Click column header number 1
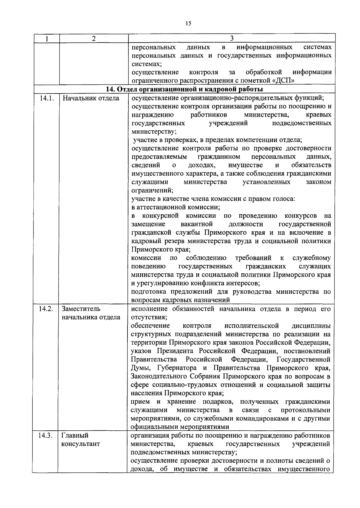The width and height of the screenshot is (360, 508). (46, 39)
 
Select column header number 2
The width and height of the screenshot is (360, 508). (94, 39)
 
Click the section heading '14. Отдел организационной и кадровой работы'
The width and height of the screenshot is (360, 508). (184, 89)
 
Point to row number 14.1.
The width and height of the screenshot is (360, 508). (46, 98)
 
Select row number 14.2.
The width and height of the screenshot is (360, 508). (46, 309)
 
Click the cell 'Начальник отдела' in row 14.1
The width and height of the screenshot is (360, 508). (91, 98)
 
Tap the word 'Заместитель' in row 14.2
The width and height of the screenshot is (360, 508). (81, 309)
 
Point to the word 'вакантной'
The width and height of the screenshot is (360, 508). (197, 224)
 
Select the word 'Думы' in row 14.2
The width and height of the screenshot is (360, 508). (139, 368)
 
